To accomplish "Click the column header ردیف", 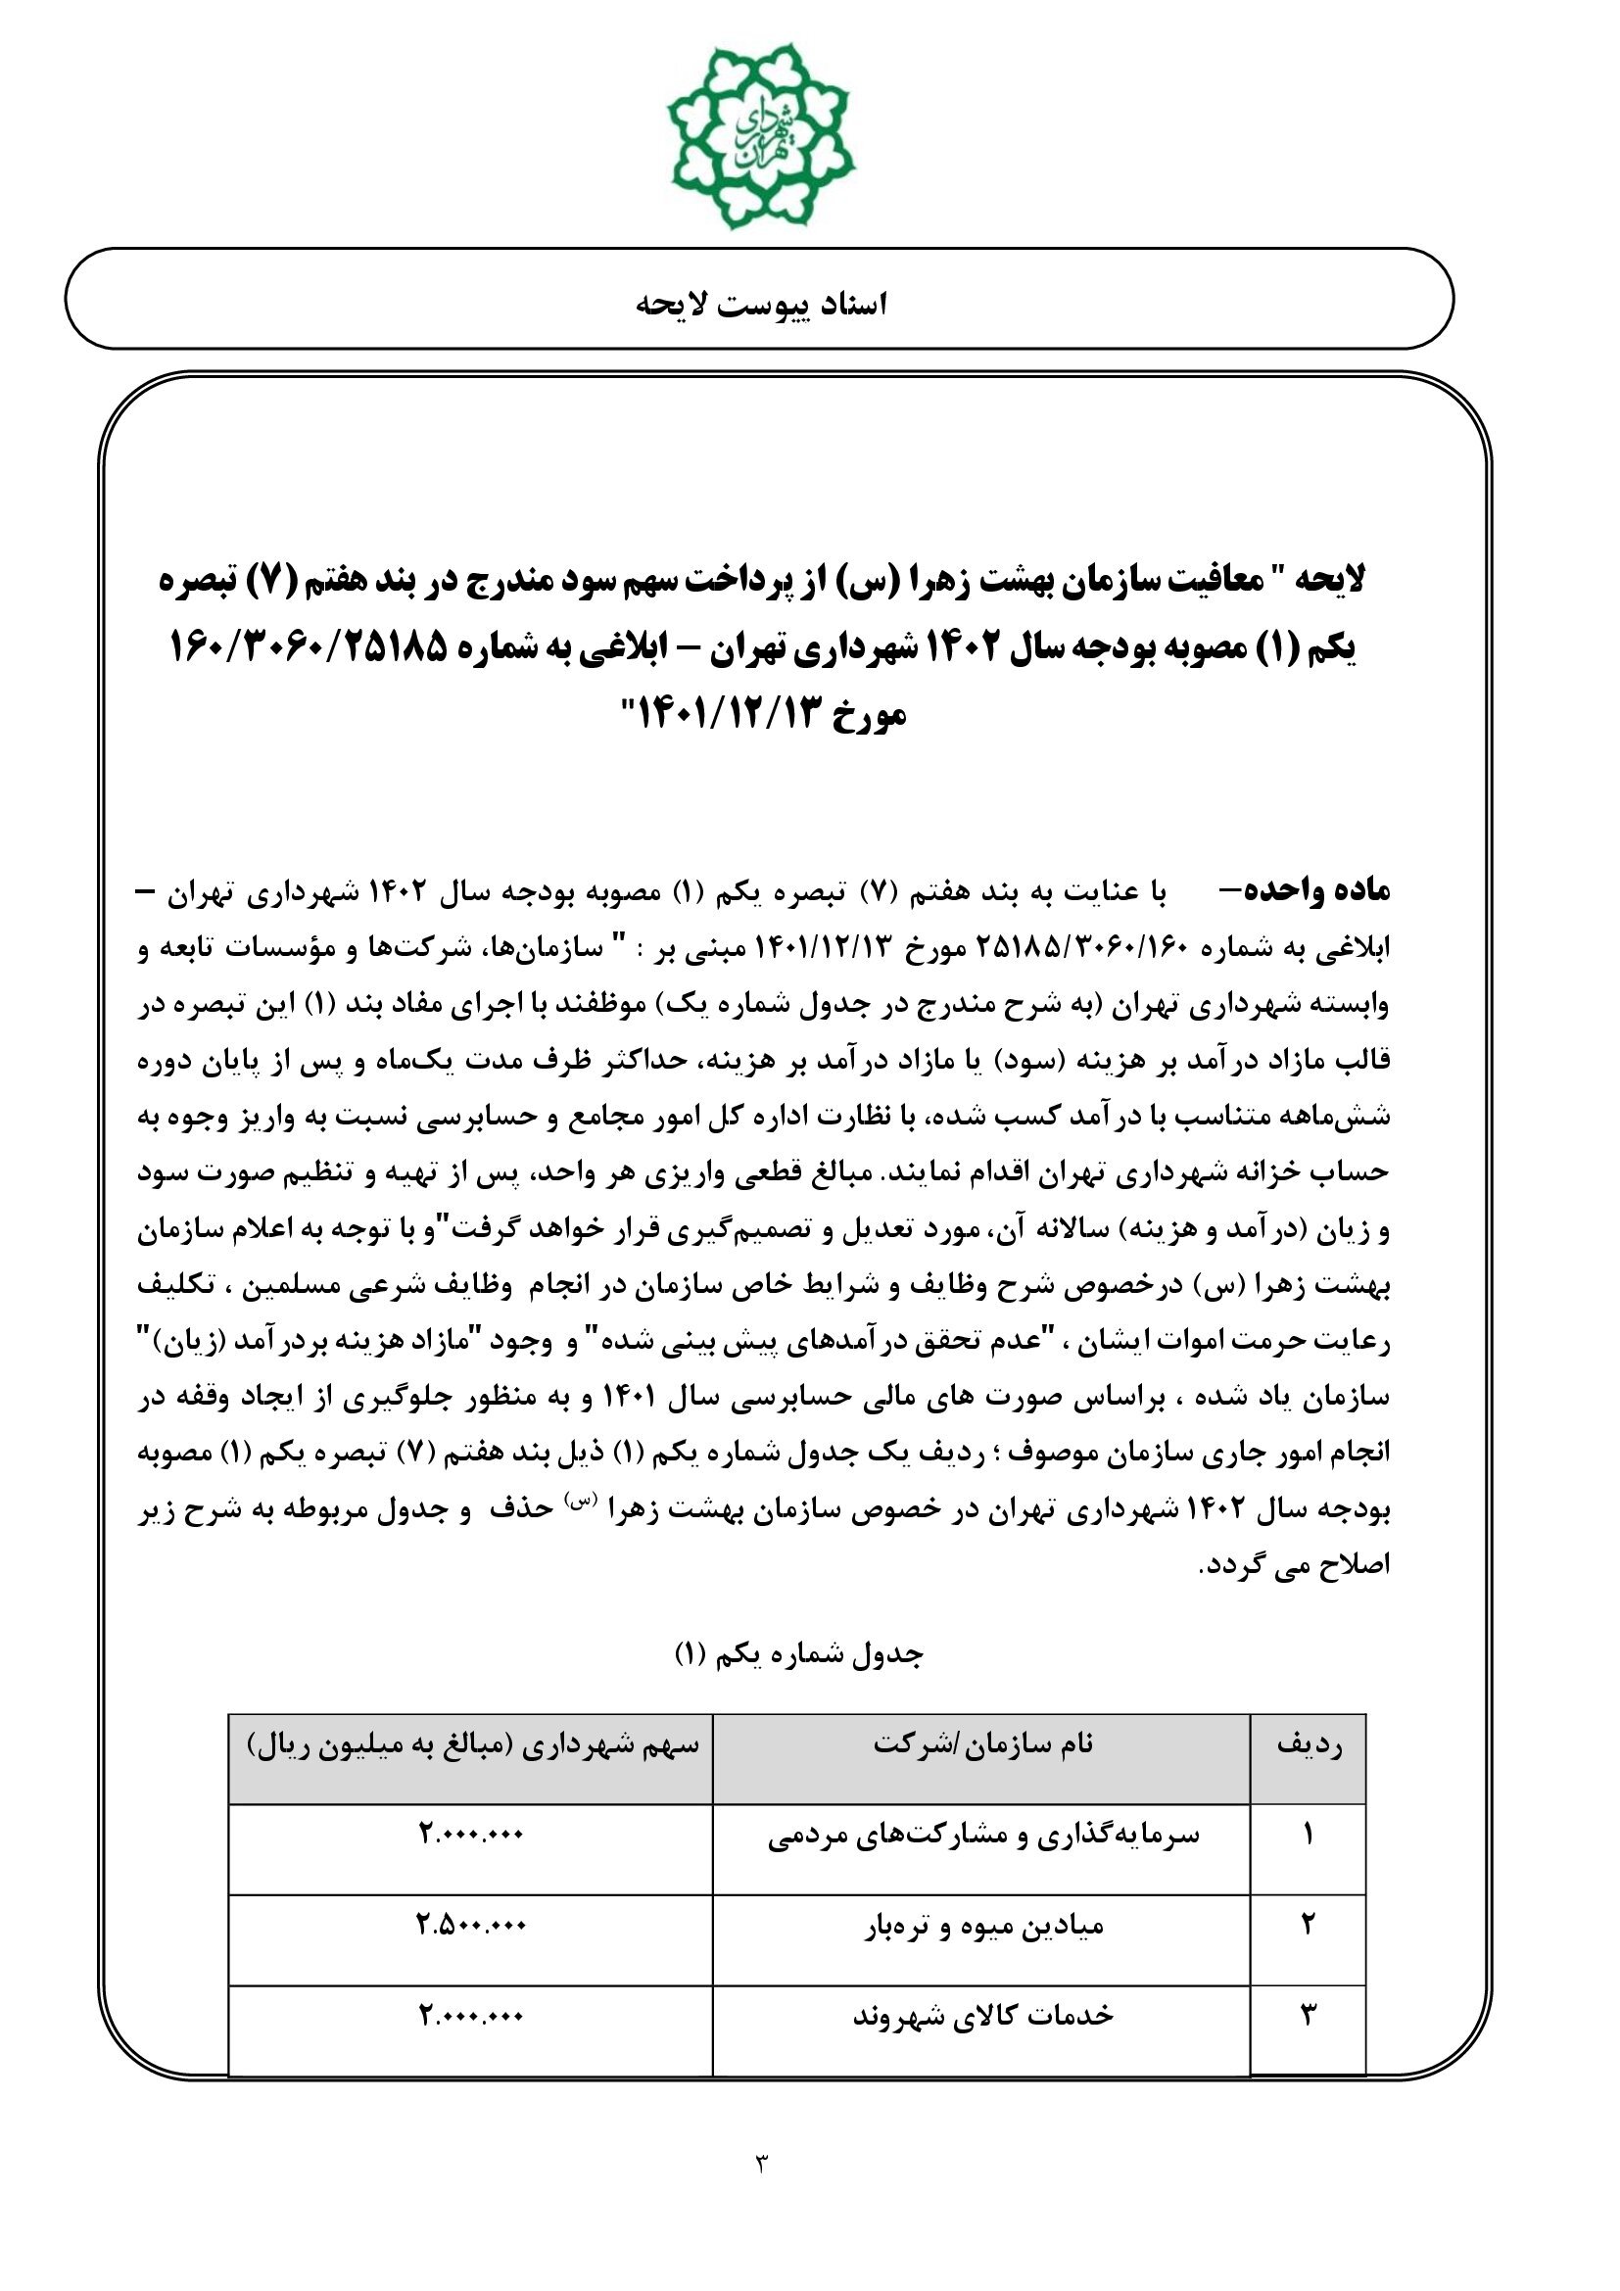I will click(1309, 1745).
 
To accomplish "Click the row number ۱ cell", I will click(1309, 1835).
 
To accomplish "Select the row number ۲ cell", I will click(1309, 1926).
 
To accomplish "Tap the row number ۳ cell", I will click(1309, 2016).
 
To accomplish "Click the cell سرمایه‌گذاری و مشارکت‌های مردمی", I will click(982, 1835).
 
